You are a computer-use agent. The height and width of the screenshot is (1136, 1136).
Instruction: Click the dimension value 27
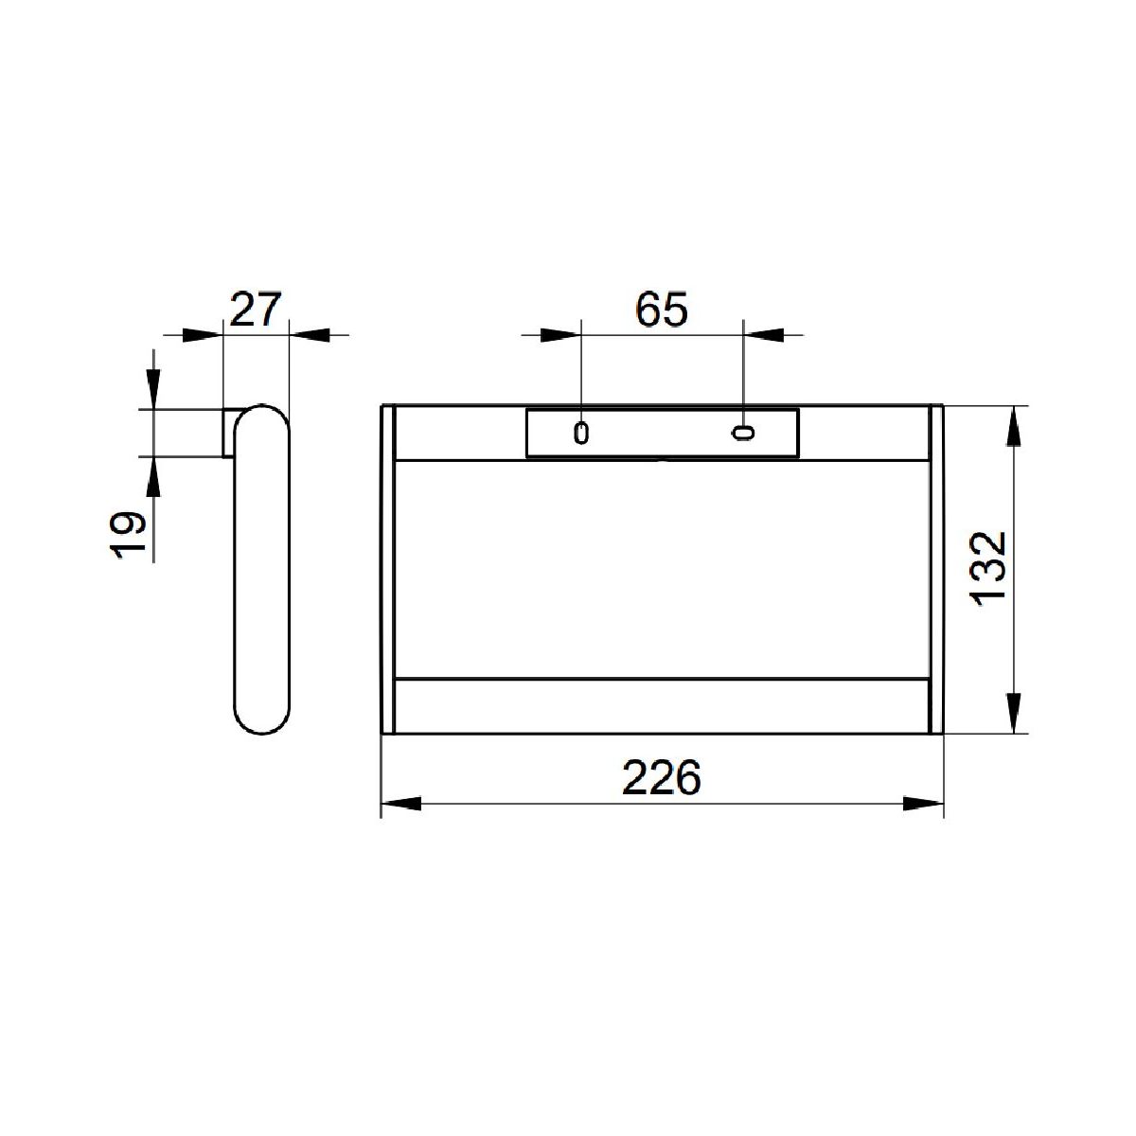coord(256,310)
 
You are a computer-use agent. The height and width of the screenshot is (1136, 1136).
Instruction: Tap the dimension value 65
coord(662,310)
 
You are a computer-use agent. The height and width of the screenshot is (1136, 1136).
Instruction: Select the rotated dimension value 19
coord(128,535)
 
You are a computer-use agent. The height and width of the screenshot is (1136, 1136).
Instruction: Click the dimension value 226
coord(662,778)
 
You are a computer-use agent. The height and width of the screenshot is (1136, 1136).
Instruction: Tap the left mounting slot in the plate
coord(581,434)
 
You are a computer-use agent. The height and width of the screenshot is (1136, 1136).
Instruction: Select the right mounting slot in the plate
coord(743,434)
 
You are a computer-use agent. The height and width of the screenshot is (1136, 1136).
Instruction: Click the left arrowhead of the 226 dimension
coord(401,804)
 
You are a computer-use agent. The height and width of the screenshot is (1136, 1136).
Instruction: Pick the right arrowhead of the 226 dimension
coord(923,804)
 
